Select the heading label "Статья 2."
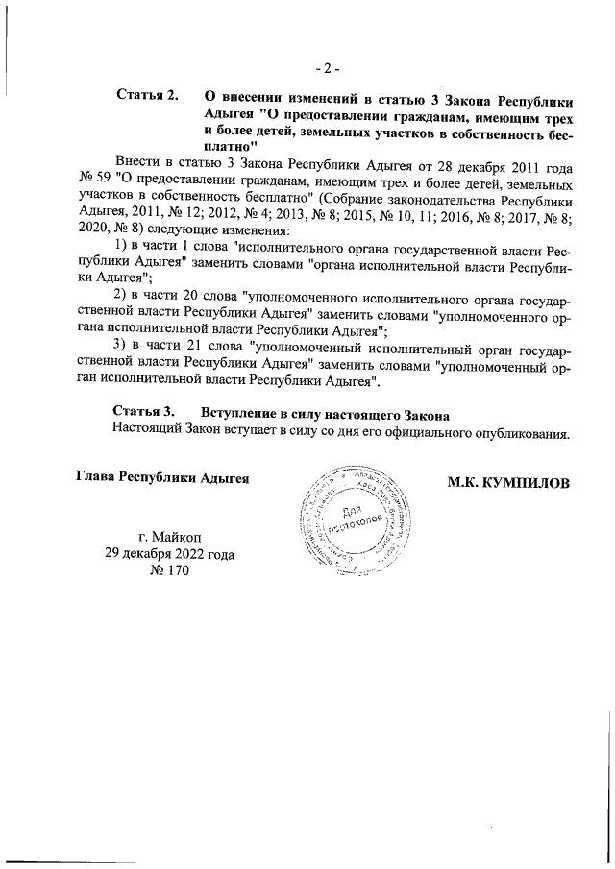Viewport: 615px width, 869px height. click(x=147, y=97)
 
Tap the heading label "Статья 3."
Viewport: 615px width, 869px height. click(x=145, y=414)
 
